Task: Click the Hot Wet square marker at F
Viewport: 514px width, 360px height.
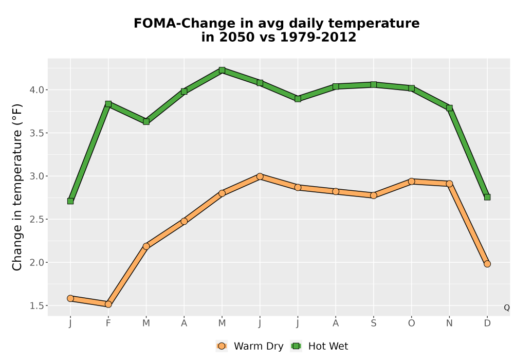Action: [x=108, y=104]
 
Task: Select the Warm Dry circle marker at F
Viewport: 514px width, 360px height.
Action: [x=108, y=304]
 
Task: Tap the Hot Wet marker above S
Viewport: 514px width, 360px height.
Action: [x=374, y=84]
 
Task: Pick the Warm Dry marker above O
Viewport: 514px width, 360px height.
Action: [x=411, y=182]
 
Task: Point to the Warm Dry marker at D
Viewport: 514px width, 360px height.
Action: [x=487, y=264]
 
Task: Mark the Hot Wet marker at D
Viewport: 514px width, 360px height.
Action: [x=487, y=197]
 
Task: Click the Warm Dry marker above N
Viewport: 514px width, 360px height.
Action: [x=449, y=184]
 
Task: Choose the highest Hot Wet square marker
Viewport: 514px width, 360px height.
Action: [x=222, y=70]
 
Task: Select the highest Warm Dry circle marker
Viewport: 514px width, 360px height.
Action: [x=260, y=177]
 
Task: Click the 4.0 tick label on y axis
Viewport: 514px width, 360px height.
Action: [x=36, y=90]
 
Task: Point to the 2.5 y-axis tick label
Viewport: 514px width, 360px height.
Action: [x=36, y=220]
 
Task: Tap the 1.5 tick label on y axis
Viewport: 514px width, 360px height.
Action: [x=36, y=305]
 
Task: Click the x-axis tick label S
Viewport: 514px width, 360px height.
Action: [x=374, y=323]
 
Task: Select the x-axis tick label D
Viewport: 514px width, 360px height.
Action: [x=487, y=323]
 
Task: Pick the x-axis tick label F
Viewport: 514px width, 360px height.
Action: [x=108, y=323]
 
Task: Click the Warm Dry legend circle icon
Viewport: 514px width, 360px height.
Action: [x=222, y=346]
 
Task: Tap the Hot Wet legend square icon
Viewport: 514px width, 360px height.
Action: [x=297, y=346]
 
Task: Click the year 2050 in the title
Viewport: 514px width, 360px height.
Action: [x=236, y=37]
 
